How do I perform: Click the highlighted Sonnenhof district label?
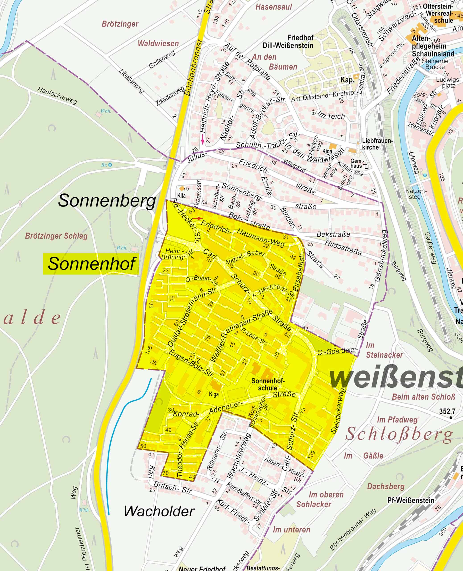click(x=91, y=263)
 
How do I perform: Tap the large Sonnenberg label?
click(x=107, y=201)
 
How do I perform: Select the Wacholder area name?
click(x=159, y=511)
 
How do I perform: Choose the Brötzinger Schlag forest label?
click(x=56, y=236)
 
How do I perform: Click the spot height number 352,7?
click(x=447, y=411)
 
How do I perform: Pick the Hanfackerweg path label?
click(x=57, y=95)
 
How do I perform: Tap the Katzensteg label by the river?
click(x=416, y=194)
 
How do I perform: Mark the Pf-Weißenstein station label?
click(x=411, y=500)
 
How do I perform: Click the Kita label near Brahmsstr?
click(x=181, y=195)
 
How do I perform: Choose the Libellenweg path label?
click(x=132, y=81)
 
